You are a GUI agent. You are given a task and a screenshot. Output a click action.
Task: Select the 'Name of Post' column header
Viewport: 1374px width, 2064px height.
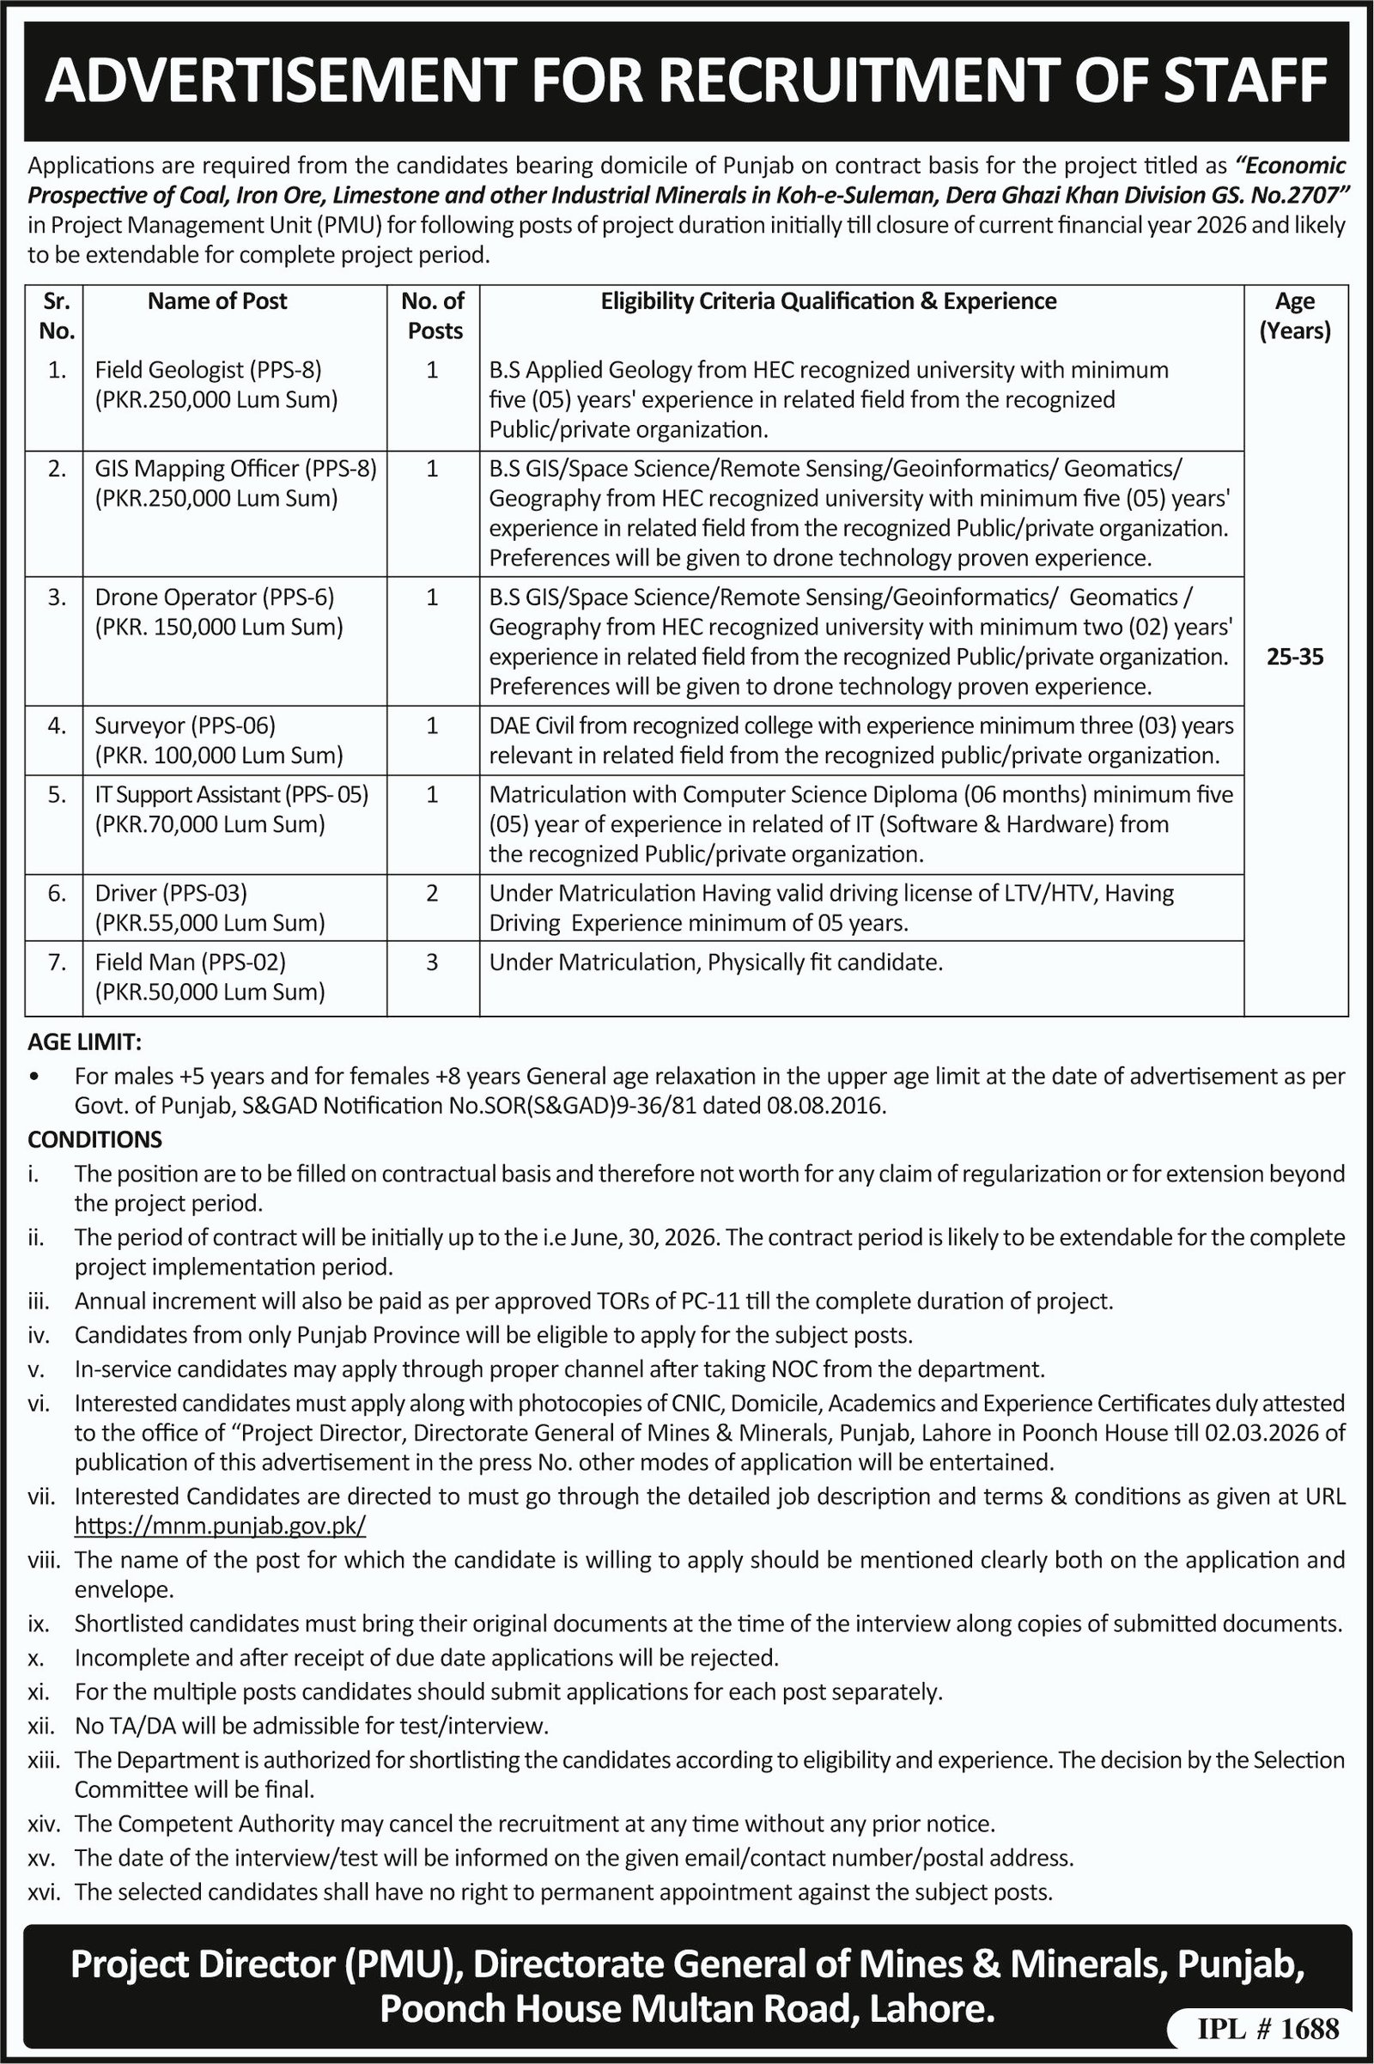pyautogui.click(x=217, y=301)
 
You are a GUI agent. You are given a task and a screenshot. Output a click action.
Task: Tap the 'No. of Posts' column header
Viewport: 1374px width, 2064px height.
pyautogui.click(x=433, y=315)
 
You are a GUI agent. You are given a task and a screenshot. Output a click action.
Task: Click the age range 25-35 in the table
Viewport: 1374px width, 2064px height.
pyautogui.click(x=1295, y=657)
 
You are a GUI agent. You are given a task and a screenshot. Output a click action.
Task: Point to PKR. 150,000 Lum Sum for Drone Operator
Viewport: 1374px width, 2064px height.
pyautogui.click(x=219, y=628)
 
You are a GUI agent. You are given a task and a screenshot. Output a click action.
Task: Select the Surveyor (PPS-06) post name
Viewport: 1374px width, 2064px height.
pyautogui.click(x=185, y=725)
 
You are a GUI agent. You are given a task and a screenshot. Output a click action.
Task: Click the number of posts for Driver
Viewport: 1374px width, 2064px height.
pyautogui.click(x=432, y=894)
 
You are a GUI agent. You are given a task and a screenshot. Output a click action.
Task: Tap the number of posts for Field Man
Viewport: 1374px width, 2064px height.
pyautogui.click(x=432, y=962)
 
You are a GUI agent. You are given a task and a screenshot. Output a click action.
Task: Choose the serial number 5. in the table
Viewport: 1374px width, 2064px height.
pyautogui.click(x=57, y=794)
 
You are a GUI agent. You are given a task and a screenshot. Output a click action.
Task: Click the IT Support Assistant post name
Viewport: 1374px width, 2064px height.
pyautogui.click(x=231, y=794)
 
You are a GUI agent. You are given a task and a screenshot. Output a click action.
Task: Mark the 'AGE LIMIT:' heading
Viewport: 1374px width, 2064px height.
pyautogui.click(x=84, y=1042)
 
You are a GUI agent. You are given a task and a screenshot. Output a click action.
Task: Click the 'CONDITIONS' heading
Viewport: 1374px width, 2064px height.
pyautogui.click(x=94, y=1140)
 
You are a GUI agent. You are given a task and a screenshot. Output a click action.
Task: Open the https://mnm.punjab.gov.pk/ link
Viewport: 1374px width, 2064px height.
pyautogui.click(x=220, y=1526)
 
